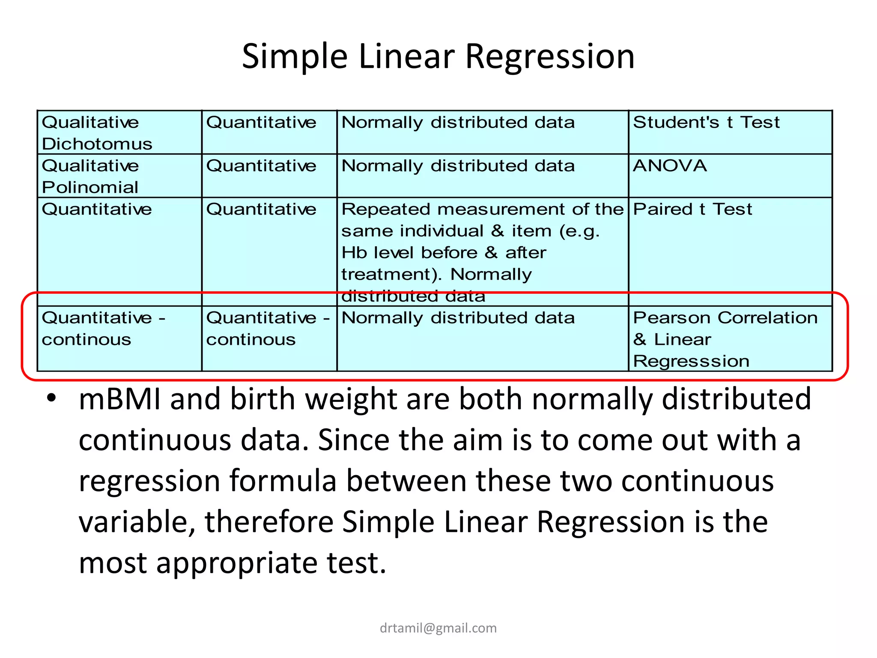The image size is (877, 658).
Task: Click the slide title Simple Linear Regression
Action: click(438, 56)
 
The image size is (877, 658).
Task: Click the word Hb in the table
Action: click(354, 253)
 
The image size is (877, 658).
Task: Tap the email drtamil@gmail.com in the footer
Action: click(438, 628)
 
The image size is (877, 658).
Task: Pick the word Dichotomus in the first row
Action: click(97, 144)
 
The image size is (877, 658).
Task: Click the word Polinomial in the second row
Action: click(90, 187)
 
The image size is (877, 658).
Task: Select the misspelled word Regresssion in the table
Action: click(691, 361)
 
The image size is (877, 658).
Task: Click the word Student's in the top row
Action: click(676, 123)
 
